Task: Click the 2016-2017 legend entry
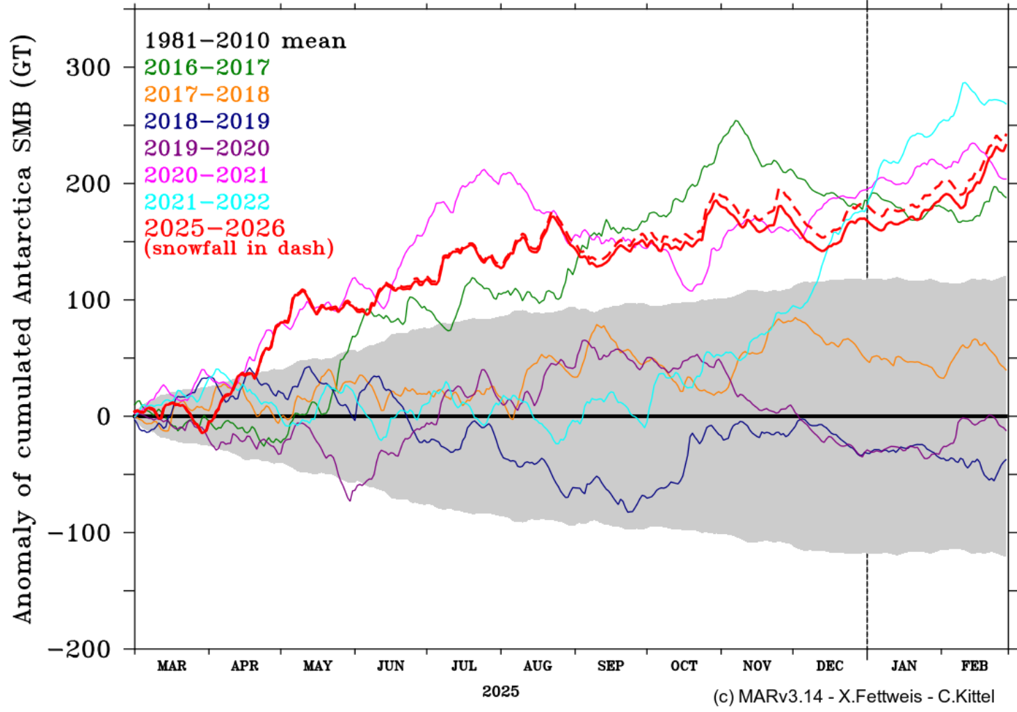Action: pyautogui.click(x=207, y=67)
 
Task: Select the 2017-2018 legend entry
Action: pyautogui.click(x=207, y=95)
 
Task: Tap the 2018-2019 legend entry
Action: pyautogui.click(x=207, y=122)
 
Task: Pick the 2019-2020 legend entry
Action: pyautogui.click(x=207, y=148)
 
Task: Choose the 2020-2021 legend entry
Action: pyautogui.click(x=207, y=175)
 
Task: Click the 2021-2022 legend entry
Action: pyautogui.click(x=207, y=202)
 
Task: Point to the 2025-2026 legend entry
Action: pyautogui.click(x=214, y=228)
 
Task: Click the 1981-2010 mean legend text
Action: pyautogui.click(x=245, y=41)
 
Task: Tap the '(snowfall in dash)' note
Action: pyautogui.click(x=239, y=248)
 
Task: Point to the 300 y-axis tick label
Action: pyautogui.click(x=88, y=68)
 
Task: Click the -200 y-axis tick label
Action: pyautogui.click(x=79, y=649)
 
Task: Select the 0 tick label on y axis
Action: pyautogui.click(x=104, y=417)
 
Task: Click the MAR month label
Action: pyautogui.click(x=172, y=666)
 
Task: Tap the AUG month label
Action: pyautogui.click(x=538, y=666)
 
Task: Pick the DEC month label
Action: pyautogui.click(x=830, y=666)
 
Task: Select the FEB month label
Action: pyautogui.click(x=975, y=666)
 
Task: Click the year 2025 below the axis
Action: pyautogui.click(x=500, y=691)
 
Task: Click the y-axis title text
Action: pyautogui.click(x=22, y=329)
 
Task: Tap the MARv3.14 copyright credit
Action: pyautogui.click(x=854, y=696)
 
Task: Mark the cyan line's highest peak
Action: pyautogui.click(x=964, y=83)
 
